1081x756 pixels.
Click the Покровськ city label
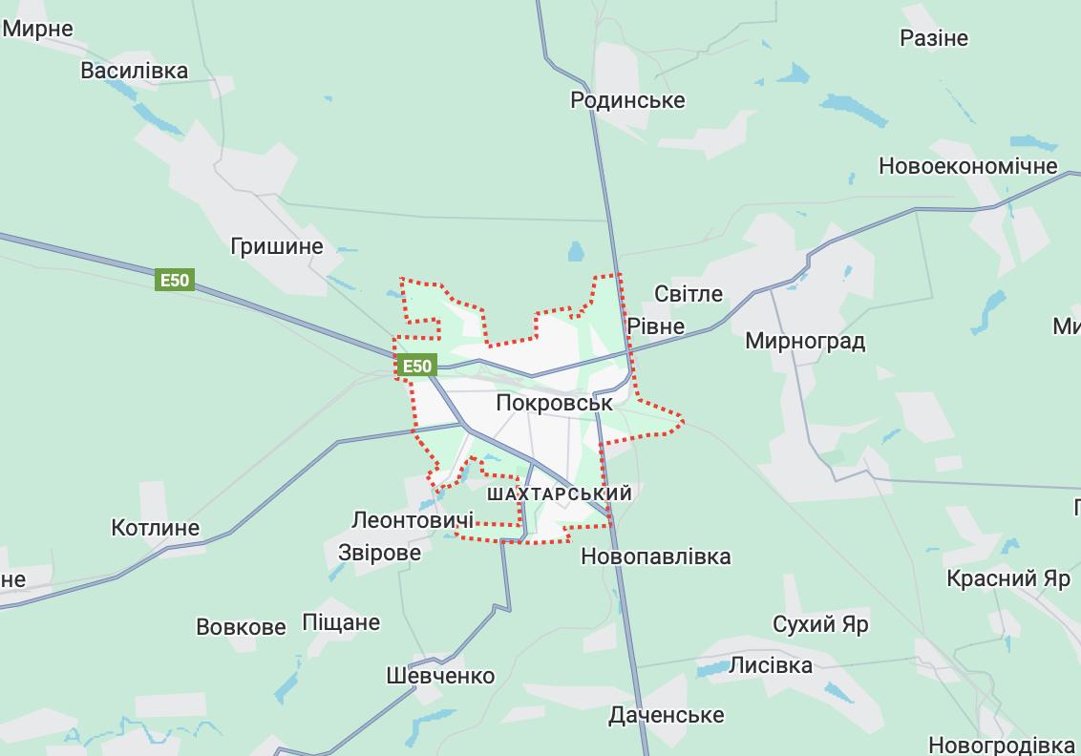554,403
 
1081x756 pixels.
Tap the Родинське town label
627,100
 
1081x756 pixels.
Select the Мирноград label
805,341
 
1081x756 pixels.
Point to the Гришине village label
277,246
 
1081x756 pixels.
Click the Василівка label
135,71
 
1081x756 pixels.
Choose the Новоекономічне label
967,166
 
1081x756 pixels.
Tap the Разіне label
934,38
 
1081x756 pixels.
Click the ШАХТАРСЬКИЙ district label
560,494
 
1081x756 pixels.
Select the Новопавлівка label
656,556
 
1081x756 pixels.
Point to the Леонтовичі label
413,520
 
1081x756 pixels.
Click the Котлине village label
156,528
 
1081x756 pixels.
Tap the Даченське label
667,715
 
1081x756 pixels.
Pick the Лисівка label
771,665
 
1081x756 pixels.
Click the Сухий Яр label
820,625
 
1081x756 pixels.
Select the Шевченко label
440,676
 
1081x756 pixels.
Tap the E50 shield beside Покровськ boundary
417,366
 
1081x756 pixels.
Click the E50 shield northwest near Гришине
176,280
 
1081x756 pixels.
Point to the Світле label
689,294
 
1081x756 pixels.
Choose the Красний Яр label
1008,578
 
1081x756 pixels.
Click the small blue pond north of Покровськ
576,251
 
